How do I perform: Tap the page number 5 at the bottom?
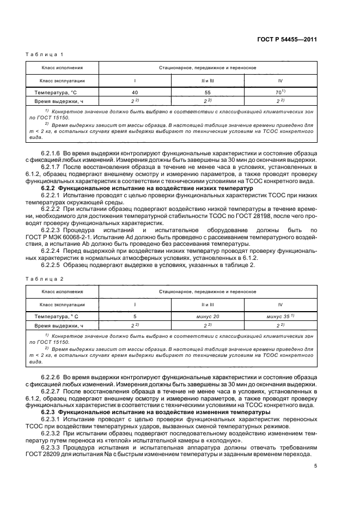coord(315,466)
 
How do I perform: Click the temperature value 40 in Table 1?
coord(135,93)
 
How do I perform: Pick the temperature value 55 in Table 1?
coord(208,93)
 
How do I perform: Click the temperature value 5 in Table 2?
coord(135,316)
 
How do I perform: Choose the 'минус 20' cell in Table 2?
coord(208,316)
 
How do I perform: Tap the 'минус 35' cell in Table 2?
coord(279,316)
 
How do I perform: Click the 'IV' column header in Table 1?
coord(280,81)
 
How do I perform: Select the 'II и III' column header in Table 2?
coord(208,304)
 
